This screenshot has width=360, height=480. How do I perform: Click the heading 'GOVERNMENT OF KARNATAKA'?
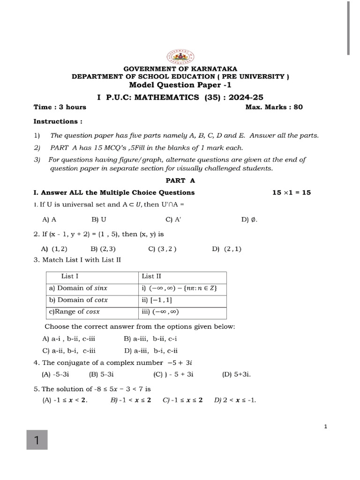(x=180, y=68)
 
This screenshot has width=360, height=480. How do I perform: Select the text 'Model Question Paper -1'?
(x=180, y=85)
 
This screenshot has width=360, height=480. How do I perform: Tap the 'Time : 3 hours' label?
(x=60, y=107)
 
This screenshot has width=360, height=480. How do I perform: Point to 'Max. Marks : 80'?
(x=274, y=107)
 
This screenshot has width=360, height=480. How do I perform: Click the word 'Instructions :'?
(x=58, y=121)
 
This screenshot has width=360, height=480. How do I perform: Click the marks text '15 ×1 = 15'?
(x=292, y=192)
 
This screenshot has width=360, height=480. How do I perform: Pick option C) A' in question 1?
(x=171, y=219)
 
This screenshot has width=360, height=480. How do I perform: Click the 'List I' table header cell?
(x=70, y=277)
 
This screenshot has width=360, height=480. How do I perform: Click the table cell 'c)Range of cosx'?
(x=74, y=312)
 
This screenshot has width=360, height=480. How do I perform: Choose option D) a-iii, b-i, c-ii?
(x=150, y=350)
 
